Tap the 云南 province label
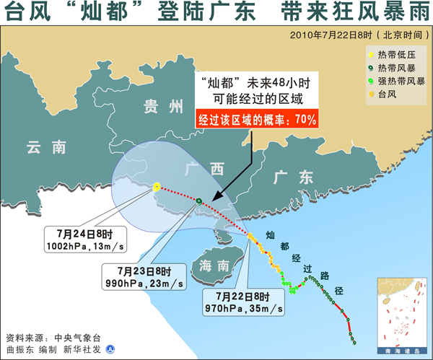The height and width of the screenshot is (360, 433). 45,147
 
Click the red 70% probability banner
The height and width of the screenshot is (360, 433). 257,120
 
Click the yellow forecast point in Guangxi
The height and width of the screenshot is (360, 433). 157,188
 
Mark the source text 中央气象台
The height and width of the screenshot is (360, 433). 76,337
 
